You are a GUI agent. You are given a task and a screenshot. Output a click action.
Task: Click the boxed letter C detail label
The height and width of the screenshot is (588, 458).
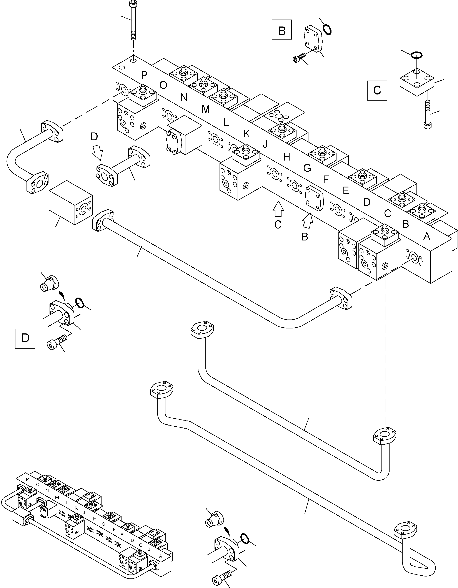(x=377, y=90)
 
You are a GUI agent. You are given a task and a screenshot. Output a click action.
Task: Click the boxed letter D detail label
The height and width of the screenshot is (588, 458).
(x=25, y=338)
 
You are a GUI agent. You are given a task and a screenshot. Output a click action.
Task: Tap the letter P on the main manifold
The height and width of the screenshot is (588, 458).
(x=144, y=75)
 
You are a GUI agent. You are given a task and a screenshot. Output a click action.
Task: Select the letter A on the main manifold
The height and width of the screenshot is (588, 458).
(x=426, y=236)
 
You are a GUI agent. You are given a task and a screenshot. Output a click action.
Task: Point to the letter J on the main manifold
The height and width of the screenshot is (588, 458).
(x=265, y=144)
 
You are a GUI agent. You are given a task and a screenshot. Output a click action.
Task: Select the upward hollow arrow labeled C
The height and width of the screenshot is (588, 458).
(x=278, y=209)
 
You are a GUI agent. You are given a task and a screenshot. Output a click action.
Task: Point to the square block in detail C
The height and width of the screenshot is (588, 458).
(x=416, y=82)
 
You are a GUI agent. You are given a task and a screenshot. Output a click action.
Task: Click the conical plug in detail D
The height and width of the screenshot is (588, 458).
(x=49, y=283)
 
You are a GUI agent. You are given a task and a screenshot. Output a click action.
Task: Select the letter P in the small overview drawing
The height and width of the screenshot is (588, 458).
(x=27, y=479)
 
